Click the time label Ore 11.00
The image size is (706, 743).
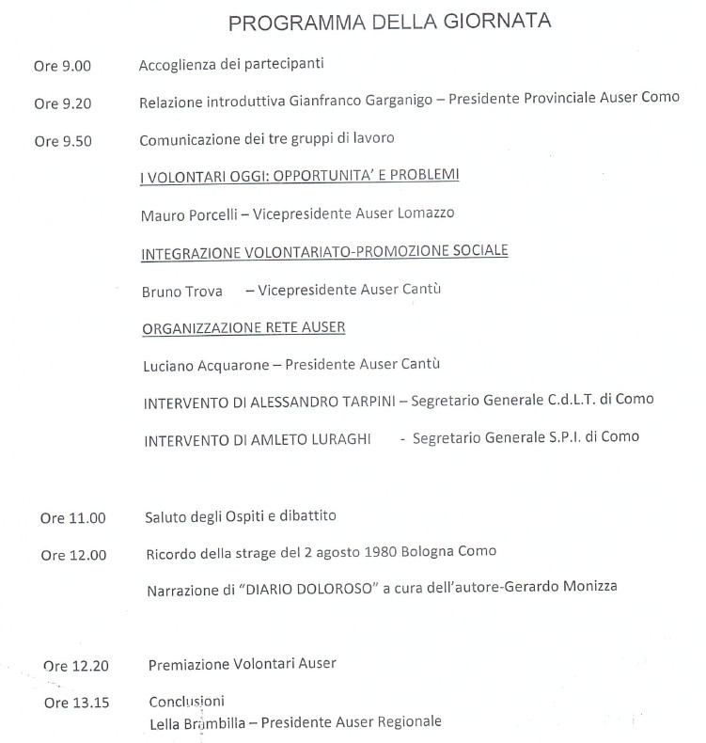73,518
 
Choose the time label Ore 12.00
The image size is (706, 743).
73,555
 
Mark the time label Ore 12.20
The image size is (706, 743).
76,666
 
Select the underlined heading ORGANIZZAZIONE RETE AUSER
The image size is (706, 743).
243,327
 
